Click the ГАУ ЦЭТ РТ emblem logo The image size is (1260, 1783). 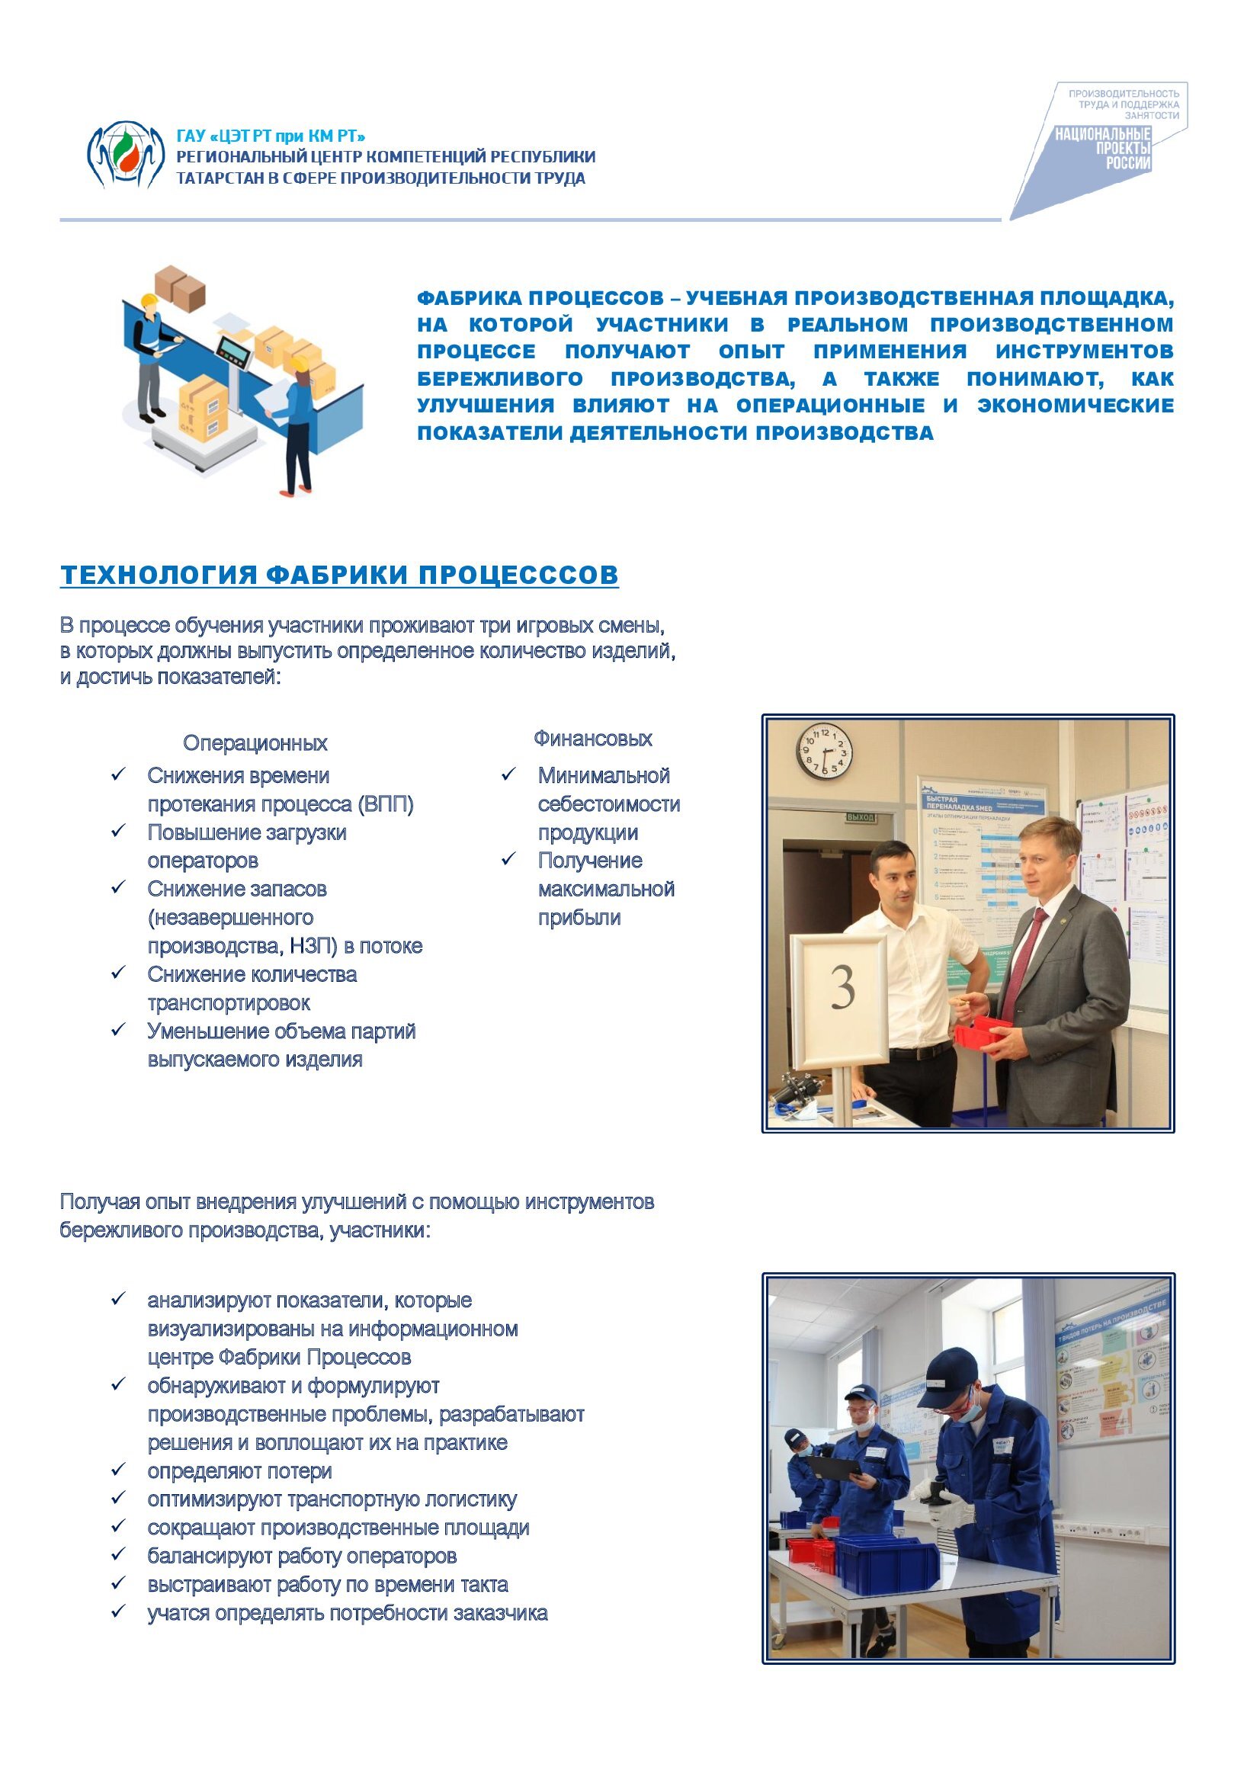(125, 155)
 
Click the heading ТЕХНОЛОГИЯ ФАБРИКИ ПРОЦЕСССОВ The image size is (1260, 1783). (339, 575)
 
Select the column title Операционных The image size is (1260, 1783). (255, 743)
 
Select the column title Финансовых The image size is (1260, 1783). (592, 739)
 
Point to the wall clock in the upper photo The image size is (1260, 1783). (825, 752)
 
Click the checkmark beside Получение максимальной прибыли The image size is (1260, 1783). (508, 860)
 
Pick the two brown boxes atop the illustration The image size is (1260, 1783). (181, 287)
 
